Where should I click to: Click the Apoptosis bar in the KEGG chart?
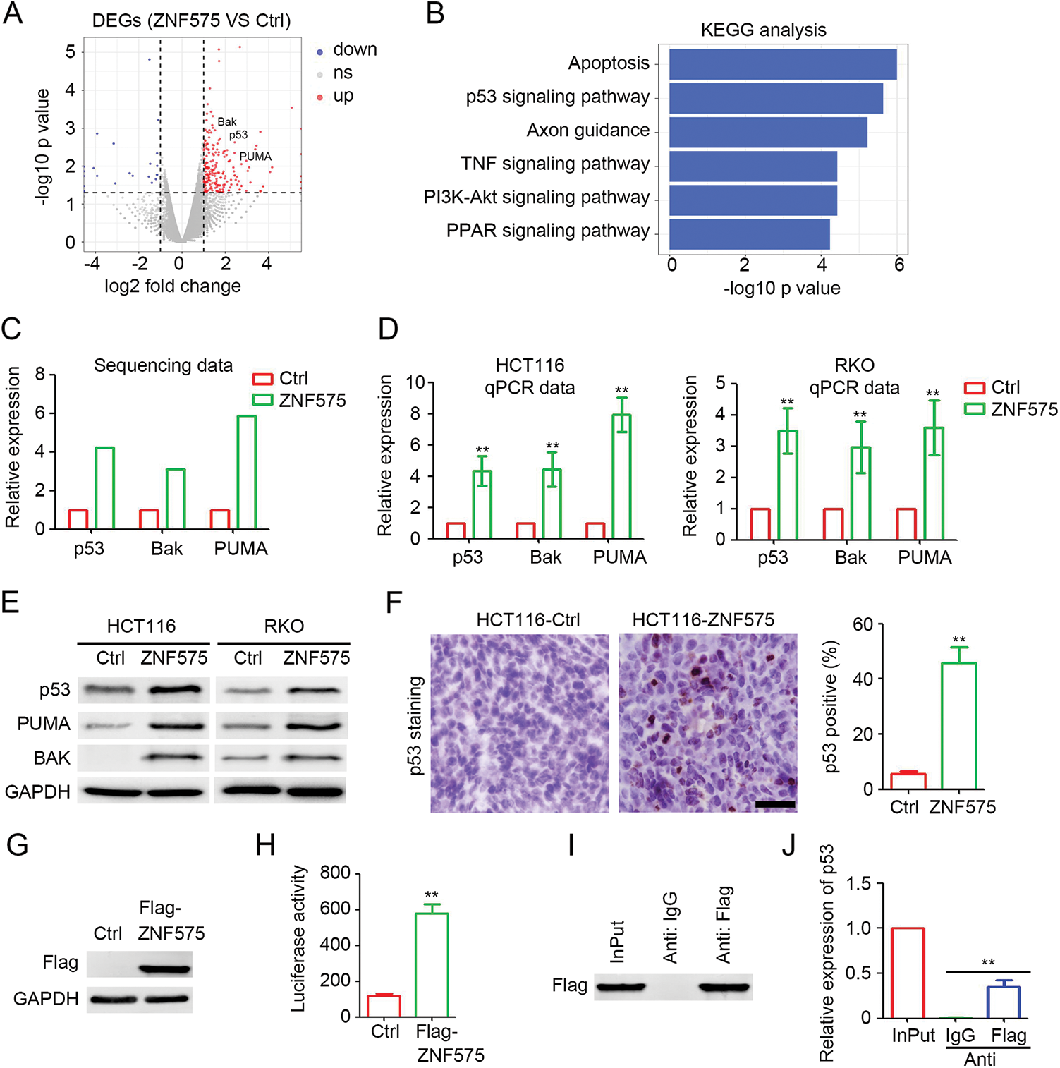tap(783, 64)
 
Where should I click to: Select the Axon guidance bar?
tap(768, 132)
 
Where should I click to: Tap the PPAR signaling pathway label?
tap(547, 231)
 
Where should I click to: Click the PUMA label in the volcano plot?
tap(255, 157)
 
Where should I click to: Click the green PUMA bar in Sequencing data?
tap(246, 472)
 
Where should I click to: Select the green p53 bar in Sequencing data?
tap(104, 488)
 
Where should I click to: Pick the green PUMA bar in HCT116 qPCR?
tap(621, 476)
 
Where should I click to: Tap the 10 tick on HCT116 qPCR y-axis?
tap(415, 383)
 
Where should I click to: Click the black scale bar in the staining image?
tap(775, 803)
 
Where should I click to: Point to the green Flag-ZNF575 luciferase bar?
tap(432, 964)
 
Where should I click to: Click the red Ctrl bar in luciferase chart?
tap(384, 1005)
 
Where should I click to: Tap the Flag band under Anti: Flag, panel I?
tap(724, 987)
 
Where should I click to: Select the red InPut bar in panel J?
tap(908, 973)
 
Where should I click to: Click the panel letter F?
tap(394, 604)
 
